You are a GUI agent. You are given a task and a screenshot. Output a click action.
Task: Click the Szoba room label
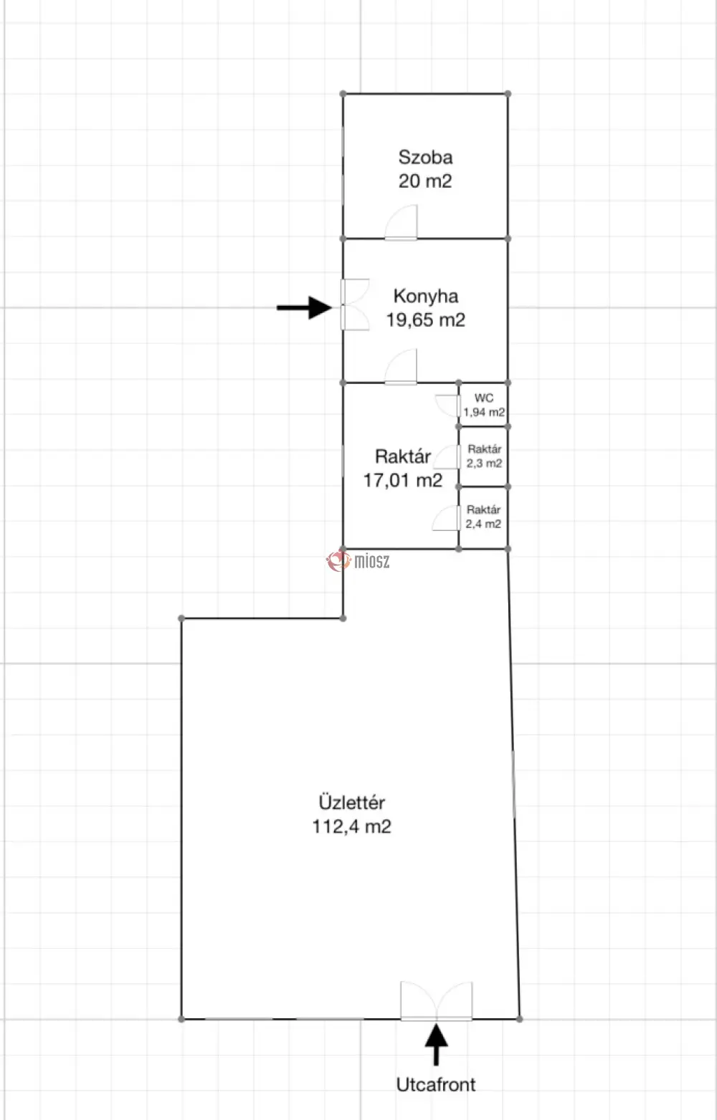(x=425, y=158)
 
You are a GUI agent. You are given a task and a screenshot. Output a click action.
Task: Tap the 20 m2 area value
(x=425, y=181)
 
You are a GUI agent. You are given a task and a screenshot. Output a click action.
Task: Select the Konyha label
(x=426, y=297)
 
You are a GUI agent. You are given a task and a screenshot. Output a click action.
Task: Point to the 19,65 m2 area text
(x=426, y=320)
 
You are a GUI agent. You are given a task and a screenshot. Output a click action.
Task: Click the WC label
(x=484, y=398)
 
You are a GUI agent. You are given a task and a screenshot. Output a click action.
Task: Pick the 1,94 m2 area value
(x=484, y=412)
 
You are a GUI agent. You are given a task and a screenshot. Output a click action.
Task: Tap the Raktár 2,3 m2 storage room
(x=484, y=456)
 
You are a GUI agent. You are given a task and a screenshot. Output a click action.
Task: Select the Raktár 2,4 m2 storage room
(x=483, y=517)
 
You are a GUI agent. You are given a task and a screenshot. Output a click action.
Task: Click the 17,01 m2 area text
(x=403, y=481)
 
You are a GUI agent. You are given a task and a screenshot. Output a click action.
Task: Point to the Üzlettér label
(x=352, y=803)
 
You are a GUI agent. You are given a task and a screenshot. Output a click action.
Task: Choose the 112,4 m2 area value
(x=352, y=826)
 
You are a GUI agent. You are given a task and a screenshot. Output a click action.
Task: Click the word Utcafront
(x=436, y=1084)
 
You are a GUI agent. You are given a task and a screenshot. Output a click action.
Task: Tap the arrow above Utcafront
(x=437, y=1045)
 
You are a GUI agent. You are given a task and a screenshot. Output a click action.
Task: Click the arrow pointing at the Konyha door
(x=304, y=307)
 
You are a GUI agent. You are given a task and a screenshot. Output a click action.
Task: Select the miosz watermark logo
(x=358, y=561)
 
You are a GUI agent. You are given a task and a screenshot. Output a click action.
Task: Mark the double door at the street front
(x=437, y=1000)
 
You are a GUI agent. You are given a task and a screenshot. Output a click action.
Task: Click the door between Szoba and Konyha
(x=401, y=222)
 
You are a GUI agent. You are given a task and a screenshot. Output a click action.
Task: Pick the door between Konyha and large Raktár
(x=401, y=367)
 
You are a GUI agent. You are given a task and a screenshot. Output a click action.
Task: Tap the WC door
(x=448, y=406)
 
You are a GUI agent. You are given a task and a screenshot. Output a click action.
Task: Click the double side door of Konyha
(x=355, y=305)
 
